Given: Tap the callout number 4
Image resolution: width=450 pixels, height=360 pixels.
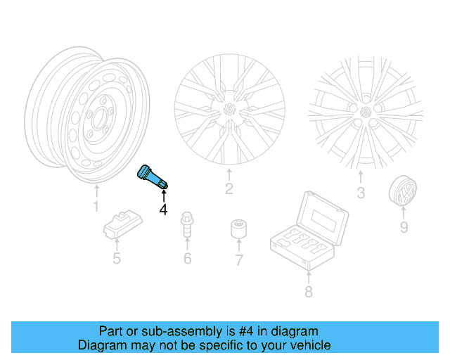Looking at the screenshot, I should (x=163, y=209).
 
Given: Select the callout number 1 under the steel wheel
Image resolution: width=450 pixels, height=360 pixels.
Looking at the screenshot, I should (x=96, y=207).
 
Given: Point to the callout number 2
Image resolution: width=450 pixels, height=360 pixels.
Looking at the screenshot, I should (x=229, y=188).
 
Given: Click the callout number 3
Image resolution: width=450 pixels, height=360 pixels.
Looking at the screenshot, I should (x=360, y=193).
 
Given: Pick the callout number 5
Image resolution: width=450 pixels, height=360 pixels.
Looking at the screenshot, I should (x=116, y=258).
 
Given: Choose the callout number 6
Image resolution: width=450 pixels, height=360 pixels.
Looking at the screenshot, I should (x=187, y=259).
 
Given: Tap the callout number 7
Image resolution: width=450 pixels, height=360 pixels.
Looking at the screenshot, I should (x=238, y=261).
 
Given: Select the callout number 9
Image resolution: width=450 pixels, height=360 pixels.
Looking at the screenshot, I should (x=404, y=227).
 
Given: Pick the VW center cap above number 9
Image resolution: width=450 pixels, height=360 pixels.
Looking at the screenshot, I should (x=404, y=191).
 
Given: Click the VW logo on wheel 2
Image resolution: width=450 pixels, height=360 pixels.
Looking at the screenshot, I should (x=229, y=111).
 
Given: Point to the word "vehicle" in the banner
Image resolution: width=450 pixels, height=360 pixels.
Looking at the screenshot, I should (x=307, y=345).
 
